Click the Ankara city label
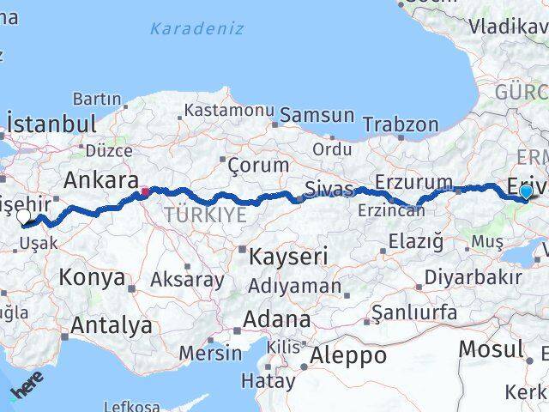coord(102,182)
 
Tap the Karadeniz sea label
coord(196,29)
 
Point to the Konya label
coord(92,277)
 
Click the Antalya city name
coord(112,325)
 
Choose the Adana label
coord(276,319)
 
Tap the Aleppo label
coord(348,355)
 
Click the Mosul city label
coord(491,348)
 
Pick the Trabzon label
coord(401,125)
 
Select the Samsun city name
coord(317,115)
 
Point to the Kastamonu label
coord(229,111)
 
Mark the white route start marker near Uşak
coord(25,218)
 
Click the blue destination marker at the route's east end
coord(525,192)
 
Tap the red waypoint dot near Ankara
coord(145,191)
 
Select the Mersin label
coord(211,353)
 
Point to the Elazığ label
coord(415,241)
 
